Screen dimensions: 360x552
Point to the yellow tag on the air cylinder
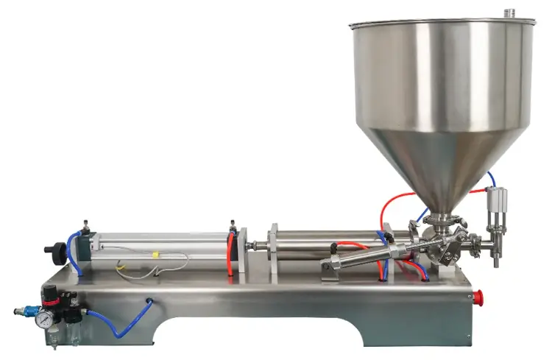155,255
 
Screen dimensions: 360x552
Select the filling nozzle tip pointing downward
495,260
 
